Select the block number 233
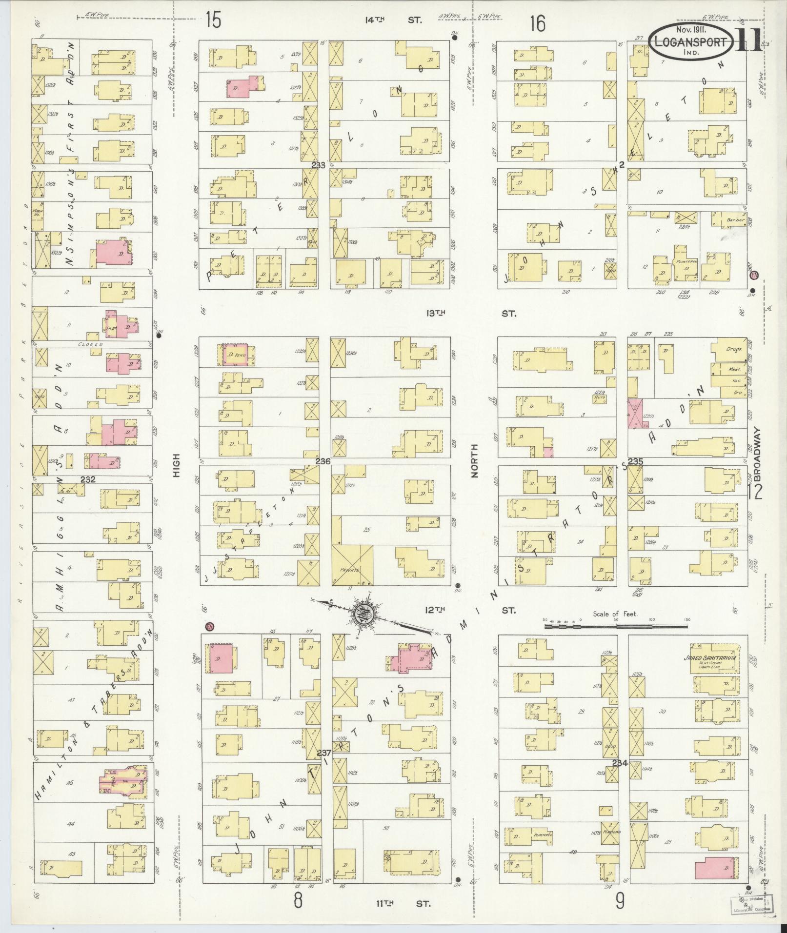318,165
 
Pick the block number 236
323,461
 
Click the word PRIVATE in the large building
350,569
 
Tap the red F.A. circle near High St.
210,626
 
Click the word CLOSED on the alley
91,344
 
